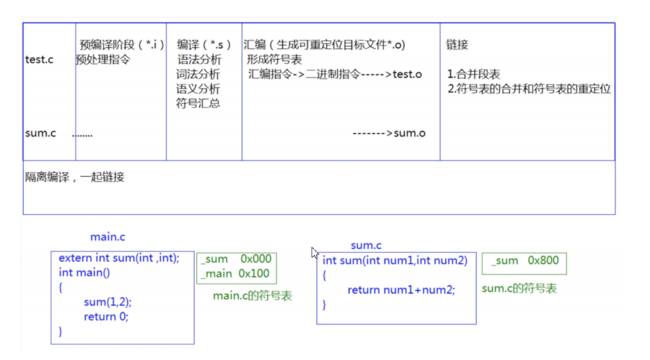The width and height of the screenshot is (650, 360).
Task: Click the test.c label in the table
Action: pyautogui.click(x=39, y=60)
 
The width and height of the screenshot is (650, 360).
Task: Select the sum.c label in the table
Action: pyautogui.click(x=40, y=133)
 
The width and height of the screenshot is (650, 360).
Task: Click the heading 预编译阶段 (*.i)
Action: pyautogui.click(x=122, y=45)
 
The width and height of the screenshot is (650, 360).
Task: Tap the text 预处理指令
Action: pyautogui.click(x=103, y=60)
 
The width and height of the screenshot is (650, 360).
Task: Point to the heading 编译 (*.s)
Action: pyautogui.click(x=204, y=45)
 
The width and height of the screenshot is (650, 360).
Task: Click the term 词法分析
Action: pyautogui.click(x=198, y=74)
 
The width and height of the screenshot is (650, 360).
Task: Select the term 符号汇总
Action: pyautogui.click(x=198, y=103)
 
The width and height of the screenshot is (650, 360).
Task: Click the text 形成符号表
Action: pyautogui.click(x=274, y=60)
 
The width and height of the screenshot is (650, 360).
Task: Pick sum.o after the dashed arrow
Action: pyautogui.click(x=409, y=133)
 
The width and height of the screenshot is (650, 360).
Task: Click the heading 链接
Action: pyautogui.click(x=457, y=45)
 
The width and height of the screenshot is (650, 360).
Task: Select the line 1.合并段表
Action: pyautogui.click(x=473, y=74)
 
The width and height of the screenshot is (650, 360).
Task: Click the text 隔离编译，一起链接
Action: pyautogui.click(x=74, y=177)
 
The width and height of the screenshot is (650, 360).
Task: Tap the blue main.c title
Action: pyautogui.click(x=107, y=236)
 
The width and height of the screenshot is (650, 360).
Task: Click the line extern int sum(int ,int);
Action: pyautogui.click(x=118, y=258)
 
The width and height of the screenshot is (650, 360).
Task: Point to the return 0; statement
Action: pyautogui.click(x=106, y=317)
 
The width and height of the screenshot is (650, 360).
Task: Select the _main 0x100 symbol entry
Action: pyautogui.click(x=235, y=274)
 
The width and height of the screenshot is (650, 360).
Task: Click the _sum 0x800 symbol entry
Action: pyautogui.click(x=523, y=261)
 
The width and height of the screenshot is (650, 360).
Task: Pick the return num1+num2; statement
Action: pyautogui.click(x=401, y=290)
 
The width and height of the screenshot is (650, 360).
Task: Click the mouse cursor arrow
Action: pyautogui.click(x=314, y=252)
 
